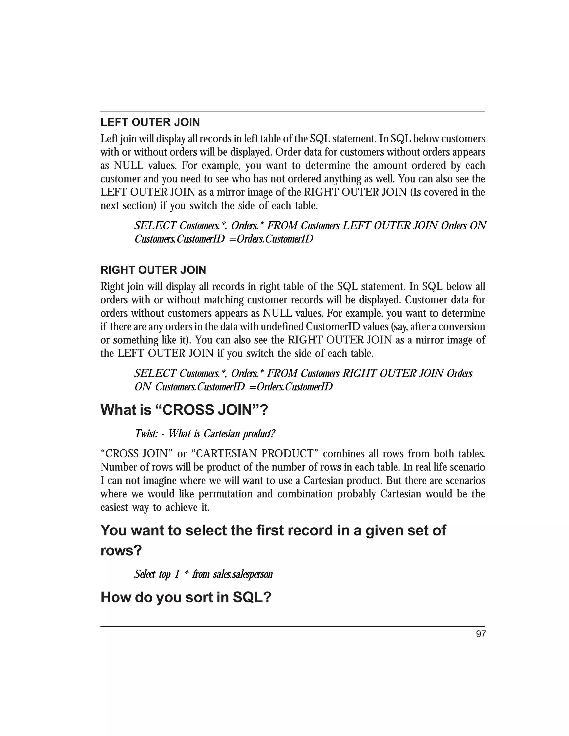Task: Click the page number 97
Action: (x=481, y=634)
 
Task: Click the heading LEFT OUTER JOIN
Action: (x=150, y=122)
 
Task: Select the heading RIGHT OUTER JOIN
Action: (x=153, y=270)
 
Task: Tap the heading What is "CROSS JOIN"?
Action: (x=184, y=410)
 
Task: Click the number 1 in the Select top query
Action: (x=177, y=574)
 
